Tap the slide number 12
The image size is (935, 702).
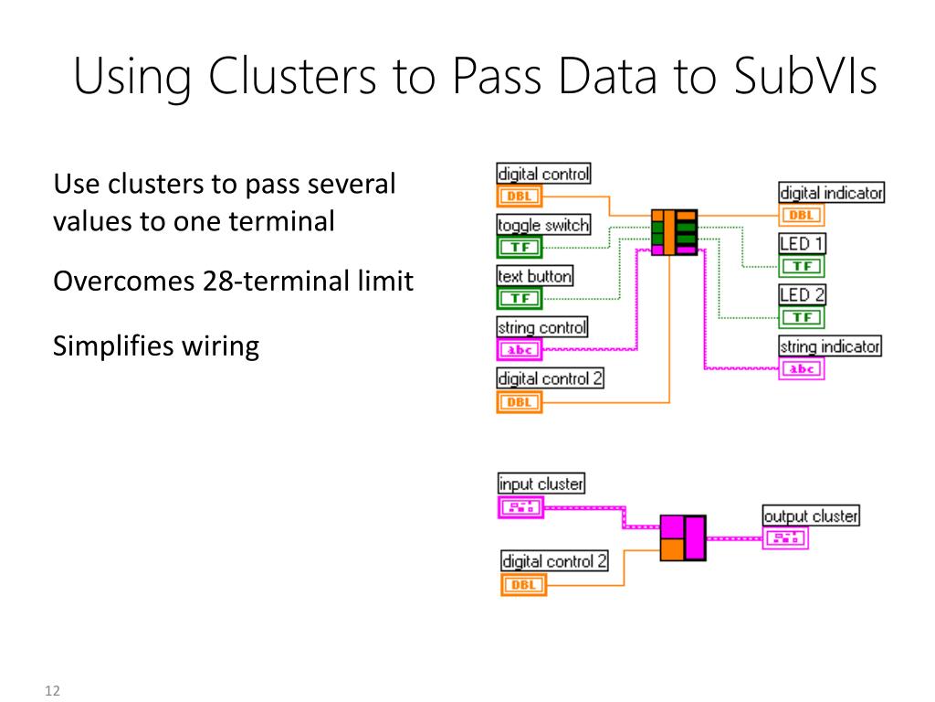pos(52,691)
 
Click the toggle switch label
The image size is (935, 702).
pos(543,225)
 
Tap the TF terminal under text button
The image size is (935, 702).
pos(520,298)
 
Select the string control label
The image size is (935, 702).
pos(542,327)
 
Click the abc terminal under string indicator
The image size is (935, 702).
pos(802,369)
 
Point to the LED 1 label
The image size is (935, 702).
pos(802,243)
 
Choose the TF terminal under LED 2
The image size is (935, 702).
pos(802,317)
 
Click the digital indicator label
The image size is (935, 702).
pos(831,192)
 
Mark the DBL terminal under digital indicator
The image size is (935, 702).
pos(802,215)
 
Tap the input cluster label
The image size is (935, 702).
pos(541,483)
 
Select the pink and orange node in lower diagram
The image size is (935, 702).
pos(683,537)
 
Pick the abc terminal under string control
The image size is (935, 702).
pos(520,350)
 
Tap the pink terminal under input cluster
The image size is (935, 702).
pos(521,507)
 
